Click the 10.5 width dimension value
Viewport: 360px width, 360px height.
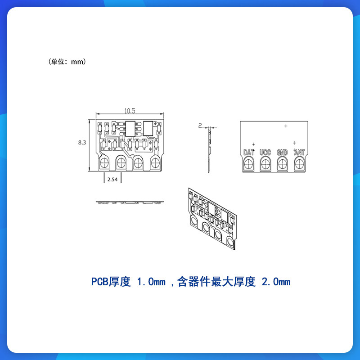pos(130,111)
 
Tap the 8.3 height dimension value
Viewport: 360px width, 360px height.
pos(82,143)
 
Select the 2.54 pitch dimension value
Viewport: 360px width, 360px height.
pos(112,180)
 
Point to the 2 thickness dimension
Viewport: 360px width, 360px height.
pos(200,125)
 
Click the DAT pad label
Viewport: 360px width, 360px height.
pos(249,152)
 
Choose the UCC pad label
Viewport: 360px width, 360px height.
pos(265,152)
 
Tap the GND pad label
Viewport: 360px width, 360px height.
pos(282,152)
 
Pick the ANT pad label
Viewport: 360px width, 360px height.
pos(299,152)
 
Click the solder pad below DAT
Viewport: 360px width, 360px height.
pos(248,164)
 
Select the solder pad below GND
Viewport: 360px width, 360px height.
pos(282,164)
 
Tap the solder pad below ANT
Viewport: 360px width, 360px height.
pos(299,164)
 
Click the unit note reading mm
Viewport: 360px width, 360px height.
pos(77,62)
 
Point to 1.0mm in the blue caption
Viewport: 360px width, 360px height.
pos(151,282)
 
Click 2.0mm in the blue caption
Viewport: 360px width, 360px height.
pos(276,282)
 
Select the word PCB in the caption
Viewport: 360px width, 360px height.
pos(99,282)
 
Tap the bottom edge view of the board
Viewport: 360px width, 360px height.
pos(130,202)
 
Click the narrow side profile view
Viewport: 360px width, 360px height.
pos(209,151)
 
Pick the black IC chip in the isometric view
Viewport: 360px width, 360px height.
pos(211,208)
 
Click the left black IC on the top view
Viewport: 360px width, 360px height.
pos(130,129)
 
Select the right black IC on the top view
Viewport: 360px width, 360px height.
pos(148,129)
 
